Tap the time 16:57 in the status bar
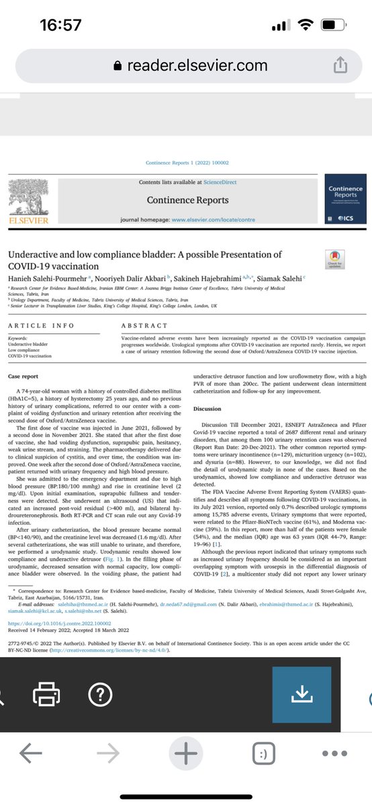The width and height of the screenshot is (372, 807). click(61, 26)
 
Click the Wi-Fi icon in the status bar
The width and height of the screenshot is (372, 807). click(308, 26)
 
